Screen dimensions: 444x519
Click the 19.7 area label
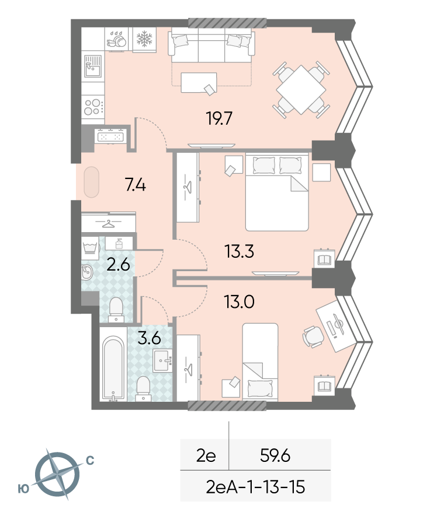point(219,118)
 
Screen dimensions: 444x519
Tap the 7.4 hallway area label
point(136,185)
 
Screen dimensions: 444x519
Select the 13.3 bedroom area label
point(239,251)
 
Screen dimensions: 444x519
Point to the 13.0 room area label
point(239,302)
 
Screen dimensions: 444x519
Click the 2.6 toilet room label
point(118,265)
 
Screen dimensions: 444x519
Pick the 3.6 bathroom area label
point(149,338)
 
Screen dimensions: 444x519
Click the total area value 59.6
point(275,456)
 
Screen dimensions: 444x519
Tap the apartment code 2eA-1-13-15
point(255,488)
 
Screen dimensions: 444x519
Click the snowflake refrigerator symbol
point(144,38)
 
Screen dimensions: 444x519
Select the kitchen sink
point(92,66)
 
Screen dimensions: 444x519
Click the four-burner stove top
point(93,107)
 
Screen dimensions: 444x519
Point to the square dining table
point(301,90)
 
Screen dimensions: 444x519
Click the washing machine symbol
point(90,248)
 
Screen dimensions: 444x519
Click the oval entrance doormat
point(91,183)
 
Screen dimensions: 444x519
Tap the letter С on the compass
point(90,460)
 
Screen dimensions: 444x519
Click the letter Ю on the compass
point(23,489)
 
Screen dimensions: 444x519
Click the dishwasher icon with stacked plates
point(116,40)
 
